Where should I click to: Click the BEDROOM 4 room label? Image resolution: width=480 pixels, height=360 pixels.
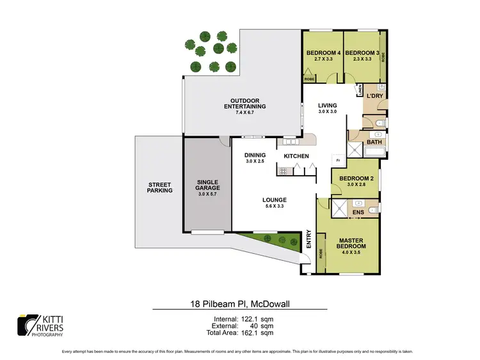322,52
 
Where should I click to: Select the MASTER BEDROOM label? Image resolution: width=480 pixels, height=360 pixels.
351,243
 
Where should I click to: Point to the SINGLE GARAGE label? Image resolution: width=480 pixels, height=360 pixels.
207,185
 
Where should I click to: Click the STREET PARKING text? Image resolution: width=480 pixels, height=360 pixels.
159,187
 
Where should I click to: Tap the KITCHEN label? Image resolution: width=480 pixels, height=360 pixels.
296,157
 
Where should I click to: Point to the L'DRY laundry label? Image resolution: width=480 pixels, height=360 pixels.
374,97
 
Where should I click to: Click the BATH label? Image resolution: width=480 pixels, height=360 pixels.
374,142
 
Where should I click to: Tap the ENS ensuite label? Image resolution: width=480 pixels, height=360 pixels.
358,212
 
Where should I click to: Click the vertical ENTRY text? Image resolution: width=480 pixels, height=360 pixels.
308,239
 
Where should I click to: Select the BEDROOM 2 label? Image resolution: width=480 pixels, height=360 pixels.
355,178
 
